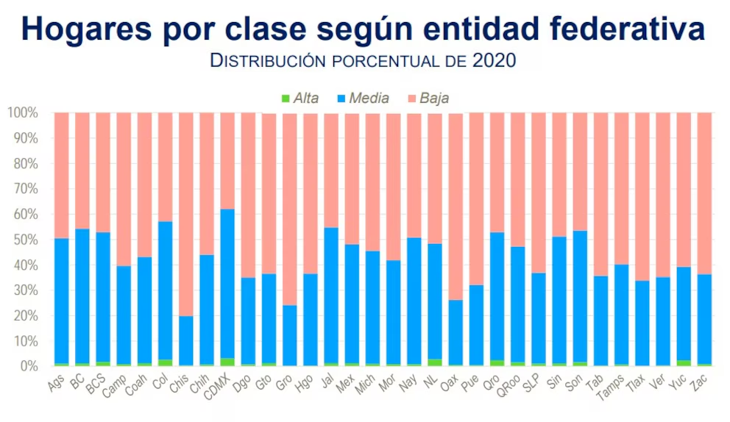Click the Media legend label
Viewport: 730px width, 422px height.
[x=369, y=98]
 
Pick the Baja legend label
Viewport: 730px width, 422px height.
[x=434, y=98]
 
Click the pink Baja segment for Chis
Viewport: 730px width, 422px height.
[x=187, y=213]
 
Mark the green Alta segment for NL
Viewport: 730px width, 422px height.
[x=435, y=362]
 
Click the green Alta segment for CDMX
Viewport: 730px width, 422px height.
[x=228, y=362]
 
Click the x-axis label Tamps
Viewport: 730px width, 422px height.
[x=612, y=386]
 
